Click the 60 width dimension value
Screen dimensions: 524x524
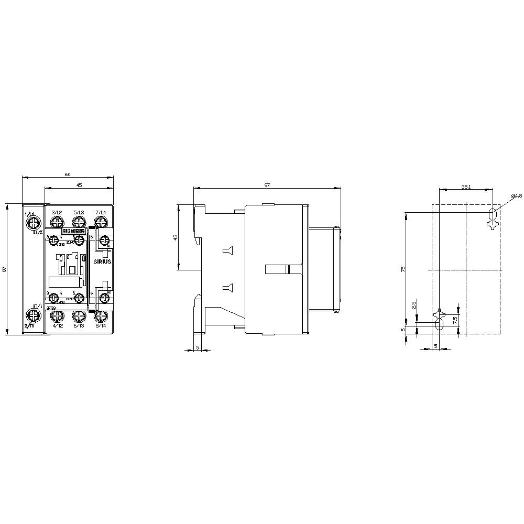(67, 174)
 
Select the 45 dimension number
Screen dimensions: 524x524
(79, 184)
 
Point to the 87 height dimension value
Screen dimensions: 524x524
(4, 269)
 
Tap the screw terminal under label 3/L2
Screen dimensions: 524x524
(57, 223)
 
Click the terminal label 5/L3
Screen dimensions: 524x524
(79, 212)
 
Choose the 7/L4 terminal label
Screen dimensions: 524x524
(100, 212)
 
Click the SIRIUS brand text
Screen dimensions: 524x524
(103, 261)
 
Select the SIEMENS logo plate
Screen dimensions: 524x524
(74, 231)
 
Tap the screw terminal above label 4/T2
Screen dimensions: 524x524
(57, 316)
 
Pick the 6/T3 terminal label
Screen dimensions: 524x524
(79, 326)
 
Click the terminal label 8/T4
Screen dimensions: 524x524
(101, 326)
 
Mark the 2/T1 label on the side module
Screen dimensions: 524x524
(30, 326)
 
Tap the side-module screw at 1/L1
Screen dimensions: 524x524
(34, 224)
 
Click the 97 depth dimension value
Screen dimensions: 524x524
(267, 185)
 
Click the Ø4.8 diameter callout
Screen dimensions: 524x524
(516, 195)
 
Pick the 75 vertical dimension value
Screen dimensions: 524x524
(403, 269)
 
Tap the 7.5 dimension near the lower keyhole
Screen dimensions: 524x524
(455, 318)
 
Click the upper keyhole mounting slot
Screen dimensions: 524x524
(492, 216)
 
